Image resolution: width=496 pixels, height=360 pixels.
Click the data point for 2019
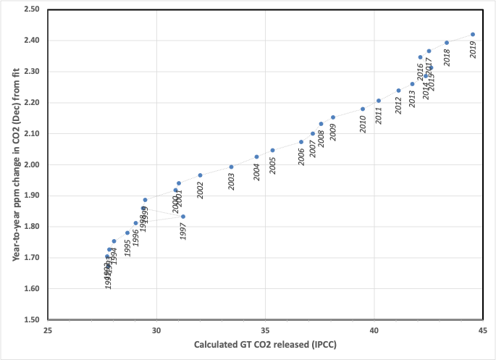[x=473, y=34]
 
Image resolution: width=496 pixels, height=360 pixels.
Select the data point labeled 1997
[x=183, y=217]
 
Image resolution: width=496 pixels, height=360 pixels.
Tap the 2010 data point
[x=363, y=109]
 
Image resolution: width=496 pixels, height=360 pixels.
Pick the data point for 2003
[x=232, y=167]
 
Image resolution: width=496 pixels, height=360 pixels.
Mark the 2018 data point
[x=447, y=43]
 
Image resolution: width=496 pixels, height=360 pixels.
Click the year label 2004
[x=256, y=172]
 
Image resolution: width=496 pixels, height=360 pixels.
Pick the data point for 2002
[x=200, y=175]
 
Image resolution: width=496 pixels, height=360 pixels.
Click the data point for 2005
[x=273, y=151]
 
